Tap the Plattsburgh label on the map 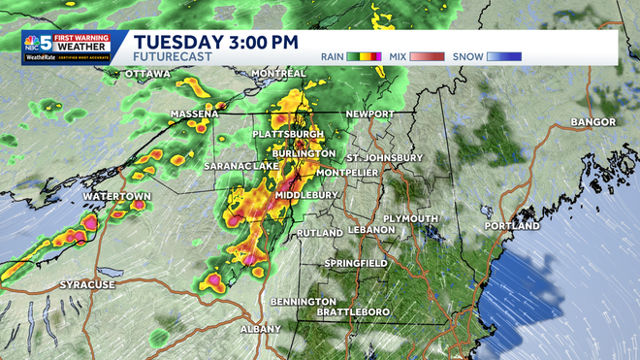tap(287, 133)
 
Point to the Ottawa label tap(148, 74)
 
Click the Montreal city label tap(278, 74)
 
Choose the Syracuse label tap(87, 284)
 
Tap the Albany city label tap(261, 329)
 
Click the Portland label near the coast tap(511, 226)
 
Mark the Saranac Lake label tap(240, 167)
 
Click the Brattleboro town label tap(358, 311)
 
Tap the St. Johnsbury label tap(385, 157)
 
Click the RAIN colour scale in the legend tap(368, 56)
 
